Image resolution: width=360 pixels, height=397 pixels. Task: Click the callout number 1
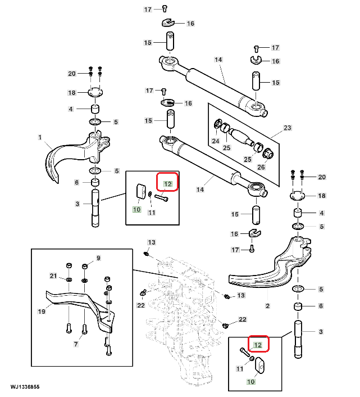click(40, 137)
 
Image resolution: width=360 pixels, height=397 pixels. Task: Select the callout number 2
click(267, 306)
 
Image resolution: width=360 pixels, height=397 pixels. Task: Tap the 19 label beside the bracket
click(42, 311)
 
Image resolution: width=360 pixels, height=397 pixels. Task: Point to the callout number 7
click(76, 344)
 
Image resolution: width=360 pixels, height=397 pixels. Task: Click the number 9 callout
click(98, 258)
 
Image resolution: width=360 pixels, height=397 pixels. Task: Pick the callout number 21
click(53, 276)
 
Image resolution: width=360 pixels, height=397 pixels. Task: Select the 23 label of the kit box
click(288, 128)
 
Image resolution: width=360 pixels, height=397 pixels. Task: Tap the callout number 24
click(216, 141)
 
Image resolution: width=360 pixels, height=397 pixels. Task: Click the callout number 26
click(261, 167)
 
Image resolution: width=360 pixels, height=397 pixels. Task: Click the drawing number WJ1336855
click(25, 387)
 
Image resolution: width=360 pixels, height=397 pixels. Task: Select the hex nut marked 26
click(268, 154)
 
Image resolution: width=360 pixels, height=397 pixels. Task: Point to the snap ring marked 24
click(217, 124)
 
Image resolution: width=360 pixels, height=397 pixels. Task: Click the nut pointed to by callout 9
click(85, 267)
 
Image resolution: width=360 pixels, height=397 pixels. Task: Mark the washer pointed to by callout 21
click(69, 279)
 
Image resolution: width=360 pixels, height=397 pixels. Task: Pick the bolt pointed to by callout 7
click(84, 329)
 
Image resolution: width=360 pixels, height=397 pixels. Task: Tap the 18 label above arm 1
click(72, 93)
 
